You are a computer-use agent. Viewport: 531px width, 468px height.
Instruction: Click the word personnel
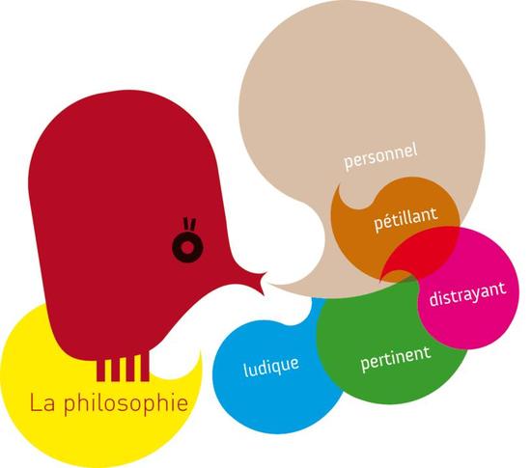(380, 156)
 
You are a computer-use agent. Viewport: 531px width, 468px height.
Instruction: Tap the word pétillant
(405, 219)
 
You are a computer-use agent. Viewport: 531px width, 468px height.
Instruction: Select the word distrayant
(467, 294)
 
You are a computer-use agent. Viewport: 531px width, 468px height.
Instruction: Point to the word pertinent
(396, 359)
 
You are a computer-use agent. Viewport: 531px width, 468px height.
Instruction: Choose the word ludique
(271, 367)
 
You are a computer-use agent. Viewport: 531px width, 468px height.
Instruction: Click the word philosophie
(126, 403)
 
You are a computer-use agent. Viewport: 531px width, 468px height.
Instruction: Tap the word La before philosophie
(42, 402)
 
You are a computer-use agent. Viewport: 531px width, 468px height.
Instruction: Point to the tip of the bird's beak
(265, 273)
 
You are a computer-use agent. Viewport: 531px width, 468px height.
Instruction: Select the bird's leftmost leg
(100, 370)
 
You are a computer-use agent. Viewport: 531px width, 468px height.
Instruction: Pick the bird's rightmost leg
(145, 368)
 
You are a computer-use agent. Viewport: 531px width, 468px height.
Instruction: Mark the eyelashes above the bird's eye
(189, 225)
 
